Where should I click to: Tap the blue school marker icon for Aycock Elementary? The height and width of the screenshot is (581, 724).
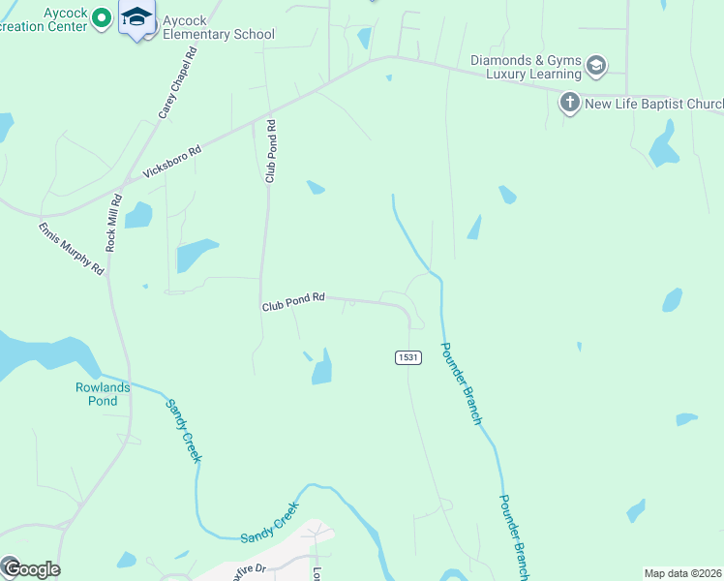click(137, 17)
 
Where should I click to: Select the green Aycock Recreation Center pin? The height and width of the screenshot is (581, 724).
click(101, 18)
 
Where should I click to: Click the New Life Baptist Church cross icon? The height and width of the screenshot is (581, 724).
click(570, 102)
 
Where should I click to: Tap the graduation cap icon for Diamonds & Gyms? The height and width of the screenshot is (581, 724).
click(596, 66)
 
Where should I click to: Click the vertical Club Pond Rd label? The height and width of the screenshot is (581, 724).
click(271, 151)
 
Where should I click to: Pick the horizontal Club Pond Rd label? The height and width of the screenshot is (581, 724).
click(292, 303)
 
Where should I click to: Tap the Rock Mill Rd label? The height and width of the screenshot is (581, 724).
click(114, 224)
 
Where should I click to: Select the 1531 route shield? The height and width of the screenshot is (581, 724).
click(408, 357)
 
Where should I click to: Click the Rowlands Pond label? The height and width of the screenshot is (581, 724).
click(103, 393)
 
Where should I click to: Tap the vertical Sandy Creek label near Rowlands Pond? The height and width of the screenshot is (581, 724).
click(182, 431)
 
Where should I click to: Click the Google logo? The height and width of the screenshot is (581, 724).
click(31, 568)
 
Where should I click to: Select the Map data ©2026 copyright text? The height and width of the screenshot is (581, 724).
click(683, 573)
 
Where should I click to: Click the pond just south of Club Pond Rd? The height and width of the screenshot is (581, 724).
click(321, 368)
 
